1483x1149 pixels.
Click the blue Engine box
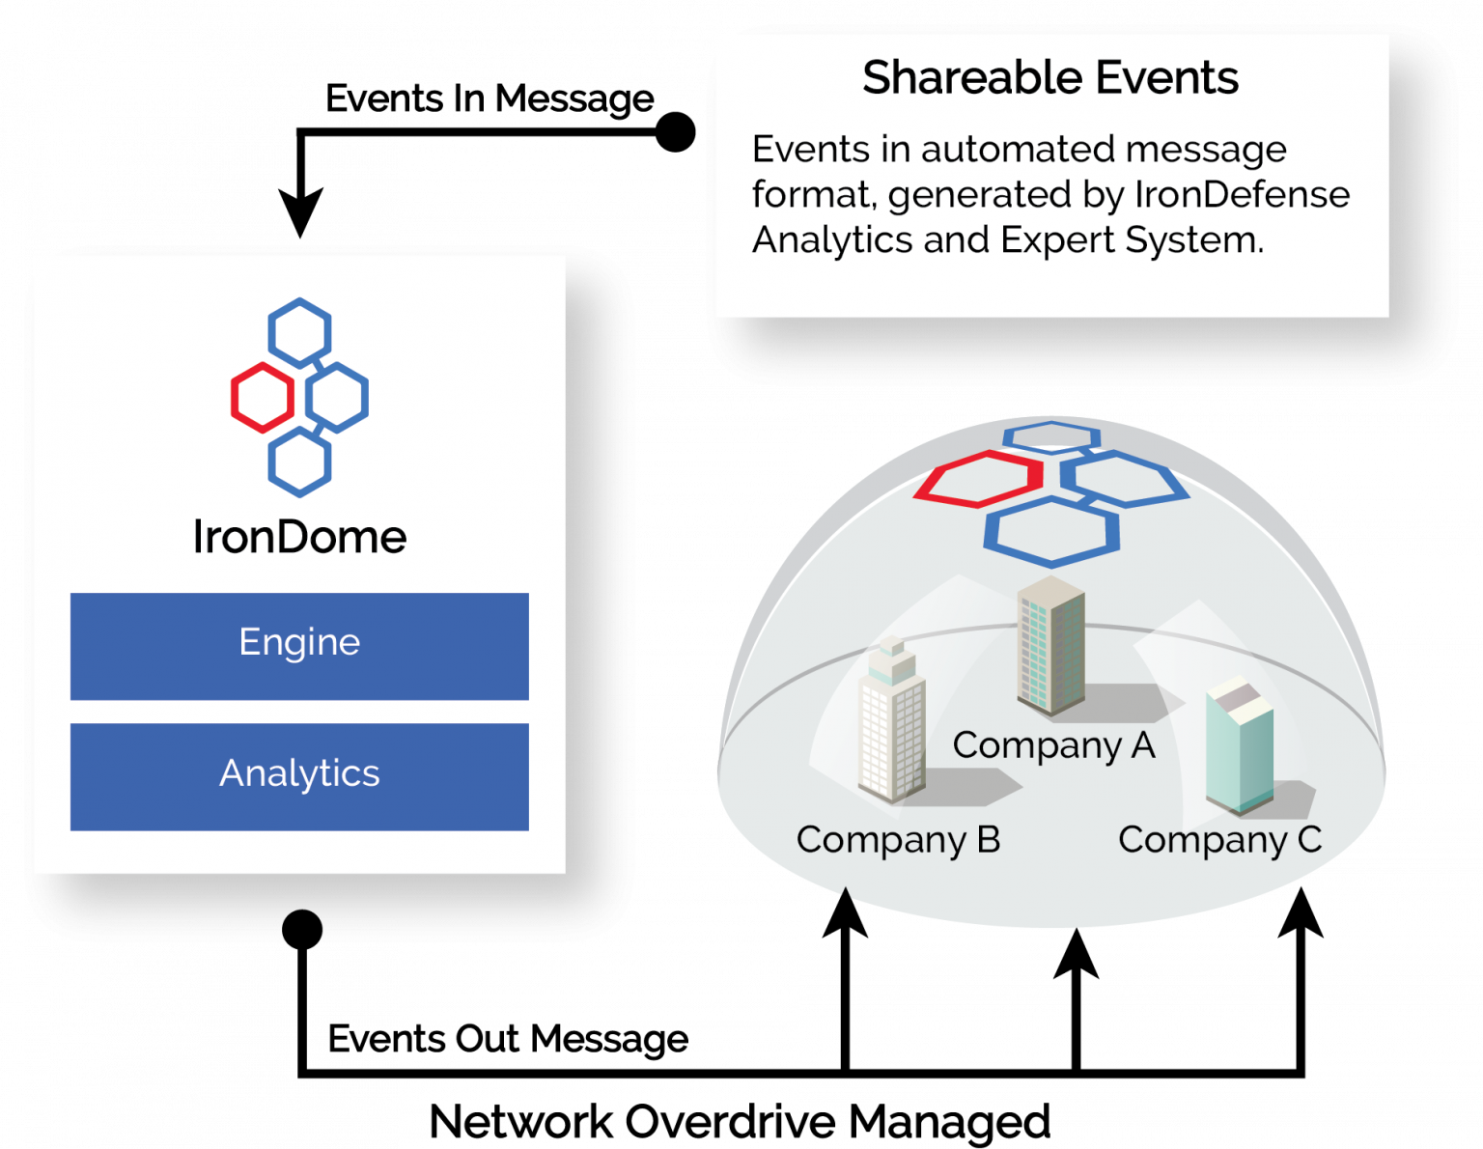point(299,645)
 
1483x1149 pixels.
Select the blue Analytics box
point(299,776)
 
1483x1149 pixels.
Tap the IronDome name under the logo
point(299,536)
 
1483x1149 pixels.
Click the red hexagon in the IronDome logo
point(262,397)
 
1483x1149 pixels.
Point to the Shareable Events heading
point(1049,77)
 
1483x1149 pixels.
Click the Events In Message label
point(490,98)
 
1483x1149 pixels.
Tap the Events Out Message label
point(508,1039)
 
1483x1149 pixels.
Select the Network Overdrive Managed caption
point(740,1122)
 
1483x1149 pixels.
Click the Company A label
point(1053,745)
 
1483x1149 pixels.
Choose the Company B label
point(898,840)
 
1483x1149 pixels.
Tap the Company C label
point(1219,840)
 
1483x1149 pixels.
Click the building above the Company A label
point(1050,644)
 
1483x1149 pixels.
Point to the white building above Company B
point(891,720)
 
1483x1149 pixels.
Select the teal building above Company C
point(1239,745)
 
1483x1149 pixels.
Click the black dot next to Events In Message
point(675,131)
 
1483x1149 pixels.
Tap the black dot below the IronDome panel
point(301,929)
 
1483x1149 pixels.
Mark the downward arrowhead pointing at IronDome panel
point(300,210)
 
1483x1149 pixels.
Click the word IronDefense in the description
point(1242,194)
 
